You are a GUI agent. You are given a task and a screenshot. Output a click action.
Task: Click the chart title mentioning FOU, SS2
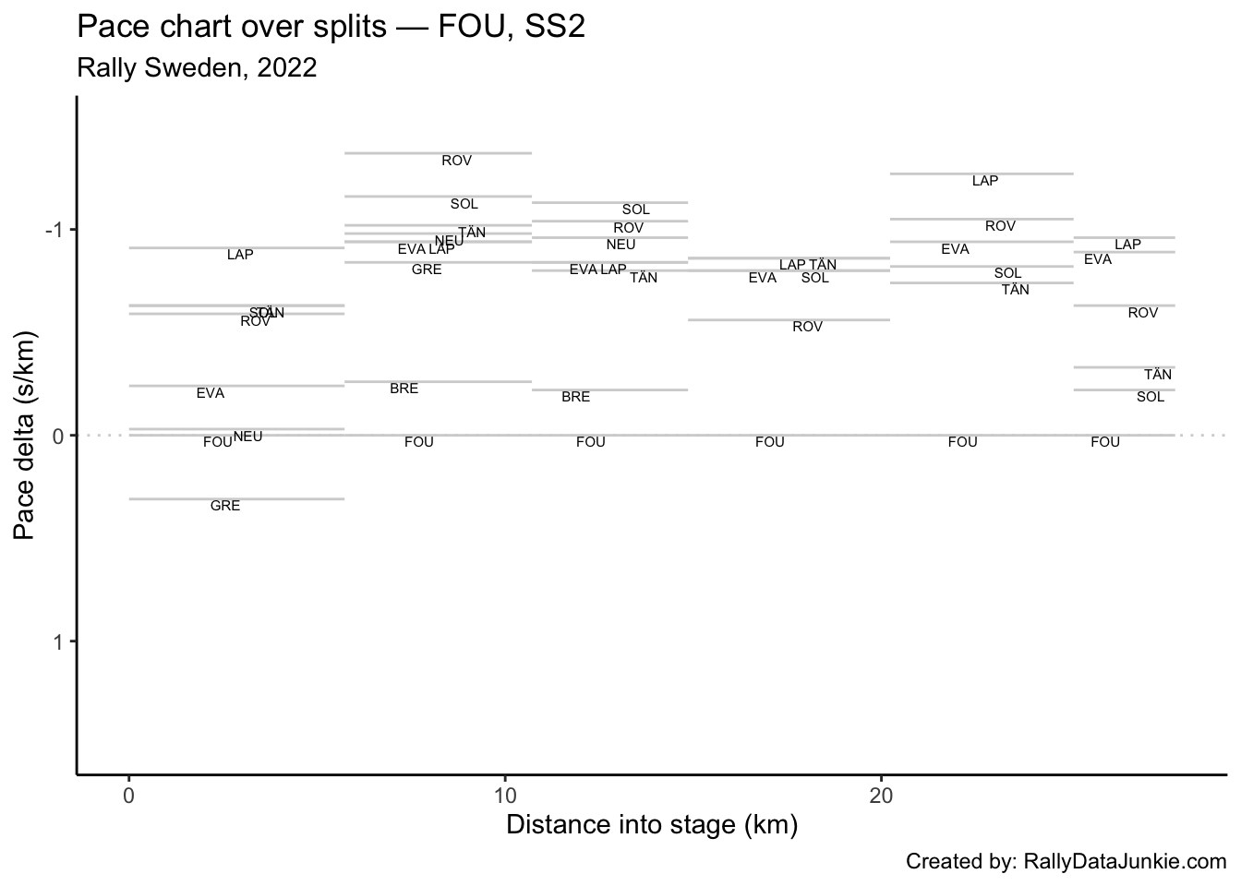pos(331,28)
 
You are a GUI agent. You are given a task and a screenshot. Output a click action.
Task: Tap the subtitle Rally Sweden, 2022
pos(197,68)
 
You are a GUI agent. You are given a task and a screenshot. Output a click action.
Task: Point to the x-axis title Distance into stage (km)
pos(651,824)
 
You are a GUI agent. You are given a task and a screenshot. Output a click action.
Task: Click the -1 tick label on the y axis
pos(54,230)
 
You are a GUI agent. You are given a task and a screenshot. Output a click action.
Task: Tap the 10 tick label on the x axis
pos(505,796)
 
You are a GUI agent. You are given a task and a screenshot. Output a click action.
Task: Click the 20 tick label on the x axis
pos(881,796)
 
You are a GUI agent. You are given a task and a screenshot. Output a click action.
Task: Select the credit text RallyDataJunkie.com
pos(1066,862)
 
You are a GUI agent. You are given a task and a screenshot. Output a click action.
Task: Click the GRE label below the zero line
pos(225,506)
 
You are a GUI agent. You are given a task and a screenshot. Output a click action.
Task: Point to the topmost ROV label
pos(456,161)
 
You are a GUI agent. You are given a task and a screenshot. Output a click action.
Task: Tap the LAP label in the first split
pos(240,255)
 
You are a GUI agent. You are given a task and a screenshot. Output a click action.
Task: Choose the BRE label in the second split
pos(404,389)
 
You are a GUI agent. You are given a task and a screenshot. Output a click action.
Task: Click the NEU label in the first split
pos(247,437)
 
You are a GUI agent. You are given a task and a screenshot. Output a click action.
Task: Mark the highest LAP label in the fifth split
pos(985,181)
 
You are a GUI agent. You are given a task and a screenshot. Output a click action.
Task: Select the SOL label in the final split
pos(1151,397)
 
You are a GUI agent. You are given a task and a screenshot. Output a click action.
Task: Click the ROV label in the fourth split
pos(807,327)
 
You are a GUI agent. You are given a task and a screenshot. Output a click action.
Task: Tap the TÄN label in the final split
pos(1158,375)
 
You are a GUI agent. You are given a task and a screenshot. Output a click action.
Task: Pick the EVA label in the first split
pos(211,393)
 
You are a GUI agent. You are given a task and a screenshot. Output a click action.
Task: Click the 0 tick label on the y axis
pos(57,436)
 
